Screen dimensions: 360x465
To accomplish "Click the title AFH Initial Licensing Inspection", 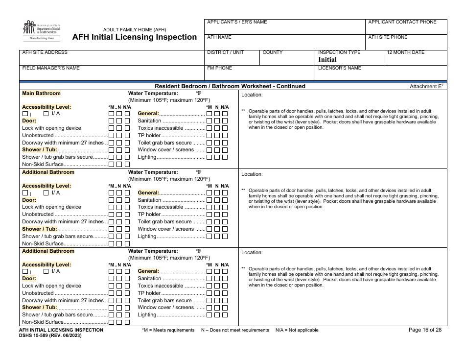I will pos(135,37).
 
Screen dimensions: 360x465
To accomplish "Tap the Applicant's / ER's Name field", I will pos(284,27).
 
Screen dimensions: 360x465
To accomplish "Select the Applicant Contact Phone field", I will pos(406,27).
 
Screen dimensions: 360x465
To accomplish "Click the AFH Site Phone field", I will pos(406,42).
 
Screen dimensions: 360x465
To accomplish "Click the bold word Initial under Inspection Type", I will pos(327,60).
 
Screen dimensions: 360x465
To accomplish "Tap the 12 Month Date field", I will pos(416,57).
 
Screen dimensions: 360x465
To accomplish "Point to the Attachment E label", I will pos(426,86).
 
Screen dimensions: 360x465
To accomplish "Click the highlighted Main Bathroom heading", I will pos(42,93).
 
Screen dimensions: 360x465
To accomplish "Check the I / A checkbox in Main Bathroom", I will pos(46,114).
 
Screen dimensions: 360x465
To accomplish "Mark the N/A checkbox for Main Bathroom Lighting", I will pos(225,157).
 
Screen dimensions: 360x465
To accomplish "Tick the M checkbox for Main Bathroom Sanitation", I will pos(209,121).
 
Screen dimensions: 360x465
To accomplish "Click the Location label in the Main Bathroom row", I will pos(252,95).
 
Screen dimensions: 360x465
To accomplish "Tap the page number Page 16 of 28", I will pos(425,330).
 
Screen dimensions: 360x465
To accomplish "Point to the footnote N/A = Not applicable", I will pos(297,330).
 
